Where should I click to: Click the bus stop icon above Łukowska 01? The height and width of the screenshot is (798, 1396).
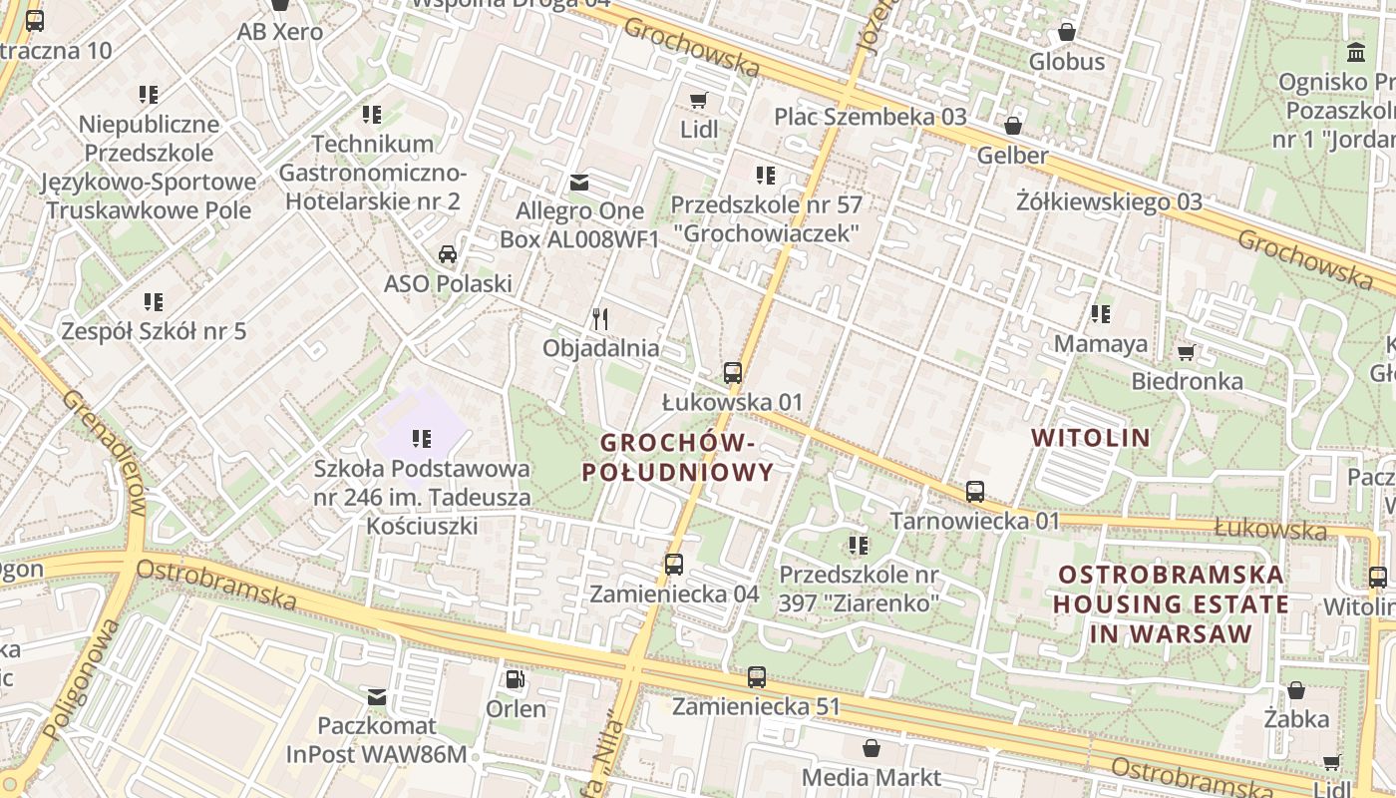[x=733, y=373]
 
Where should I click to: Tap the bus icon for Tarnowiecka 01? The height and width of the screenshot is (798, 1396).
[x=975, y=492]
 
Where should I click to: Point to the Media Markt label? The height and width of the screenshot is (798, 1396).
[x=871, y=777]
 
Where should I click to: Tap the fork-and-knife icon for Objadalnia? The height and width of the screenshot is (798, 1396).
[x=600, y=319]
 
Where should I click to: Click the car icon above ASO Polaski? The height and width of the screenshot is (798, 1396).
[x=448, y=254]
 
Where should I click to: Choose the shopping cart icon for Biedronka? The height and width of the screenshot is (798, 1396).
[x=1187, y=352]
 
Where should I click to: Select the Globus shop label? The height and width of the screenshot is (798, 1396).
[x=1067, y=62]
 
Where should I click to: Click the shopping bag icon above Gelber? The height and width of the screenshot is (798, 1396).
[x=1012, y=126]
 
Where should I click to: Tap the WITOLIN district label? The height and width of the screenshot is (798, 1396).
[x=1091, y=437]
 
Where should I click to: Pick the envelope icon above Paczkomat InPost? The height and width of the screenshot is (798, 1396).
[x=377, y=696]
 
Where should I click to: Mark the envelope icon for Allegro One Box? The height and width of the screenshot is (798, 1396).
[x=578, y=183]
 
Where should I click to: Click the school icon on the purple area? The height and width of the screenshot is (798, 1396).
[x=421, y=438]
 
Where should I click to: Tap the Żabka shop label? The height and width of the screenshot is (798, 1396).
[x=1296, y=718]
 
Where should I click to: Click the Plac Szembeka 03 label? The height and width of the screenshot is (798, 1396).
[x=871, y=117]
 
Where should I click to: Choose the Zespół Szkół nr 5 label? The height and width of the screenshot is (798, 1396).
[x=154, y=331]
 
